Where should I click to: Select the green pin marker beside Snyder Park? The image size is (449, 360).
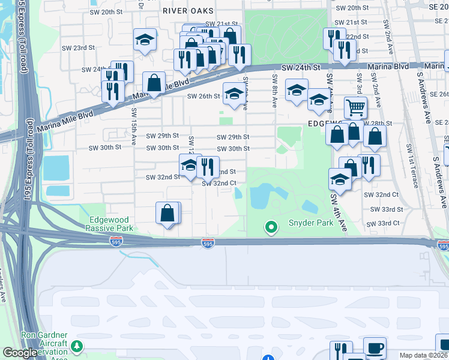click(x=271, y=227)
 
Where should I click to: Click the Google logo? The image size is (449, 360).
click(x=19, y=353)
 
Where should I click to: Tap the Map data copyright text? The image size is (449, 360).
click(x=424, y=355)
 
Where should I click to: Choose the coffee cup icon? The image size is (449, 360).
click(x=375, y=347)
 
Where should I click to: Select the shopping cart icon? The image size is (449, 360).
click(x=355, y=108)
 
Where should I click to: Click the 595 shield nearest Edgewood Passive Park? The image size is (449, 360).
click(x=116, y=241)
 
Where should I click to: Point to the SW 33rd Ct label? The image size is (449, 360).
click(x=385, y=223)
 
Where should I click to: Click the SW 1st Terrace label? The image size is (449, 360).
click(x=411, y=166)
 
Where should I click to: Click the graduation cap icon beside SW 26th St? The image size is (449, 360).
click(x=234, y=92)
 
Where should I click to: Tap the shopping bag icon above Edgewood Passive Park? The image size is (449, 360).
click(x=167, y=212)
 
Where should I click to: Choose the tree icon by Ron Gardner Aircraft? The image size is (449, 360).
click(x=77, y=346)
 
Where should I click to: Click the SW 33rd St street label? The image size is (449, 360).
click(x=387, y=209)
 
